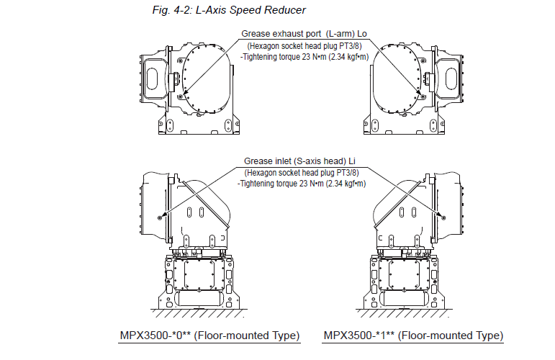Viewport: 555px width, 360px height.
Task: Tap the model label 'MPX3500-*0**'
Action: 155,336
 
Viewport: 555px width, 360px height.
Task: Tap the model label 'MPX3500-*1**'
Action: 358,336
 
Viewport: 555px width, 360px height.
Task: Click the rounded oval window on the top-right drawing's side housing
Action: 448,75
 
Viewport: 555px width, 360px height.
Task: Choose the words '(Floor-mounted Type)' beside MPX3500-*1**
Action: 451,336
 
